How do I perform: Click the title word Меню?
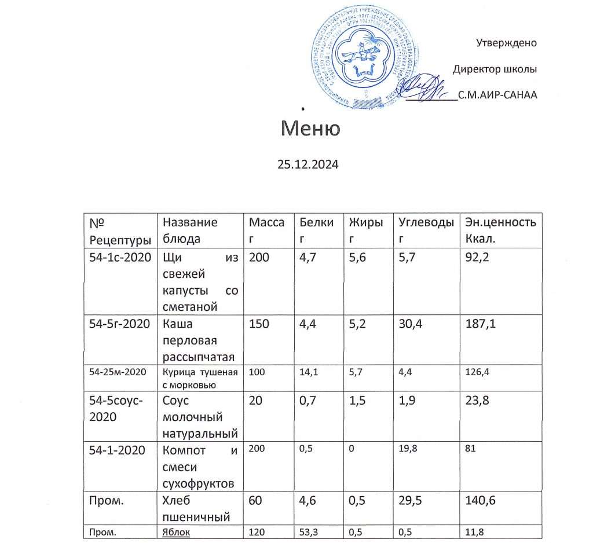pyautogui.click(x=310, y=128)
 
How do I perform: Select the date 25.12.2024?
pyautogui.click(x=307, y=164)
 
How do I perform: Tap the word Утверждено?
pyautogui.click(x=506, y=43)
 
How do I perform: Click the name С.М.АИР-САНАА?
pyautogui.click(x=497, y=96)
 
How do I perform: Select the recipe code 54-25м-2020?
pyautogui.click(x=115, y=372)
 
